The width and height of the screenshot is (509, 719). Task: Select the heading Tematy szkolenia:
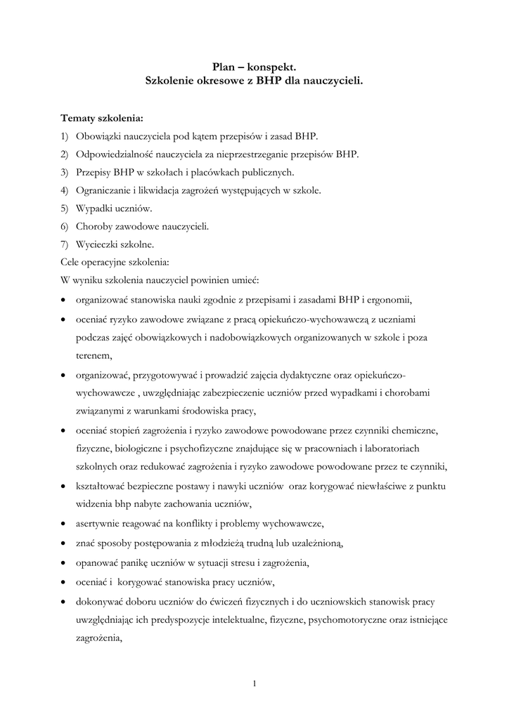coord(101,117)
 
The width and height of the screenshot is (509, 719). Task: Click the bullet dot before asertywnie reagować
coord(64,525)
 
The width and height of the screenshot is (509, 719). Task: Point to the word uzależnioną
coord(317,543)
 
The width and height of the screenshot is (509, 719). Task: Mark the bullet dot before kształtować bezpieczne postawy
coord(64,486)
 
